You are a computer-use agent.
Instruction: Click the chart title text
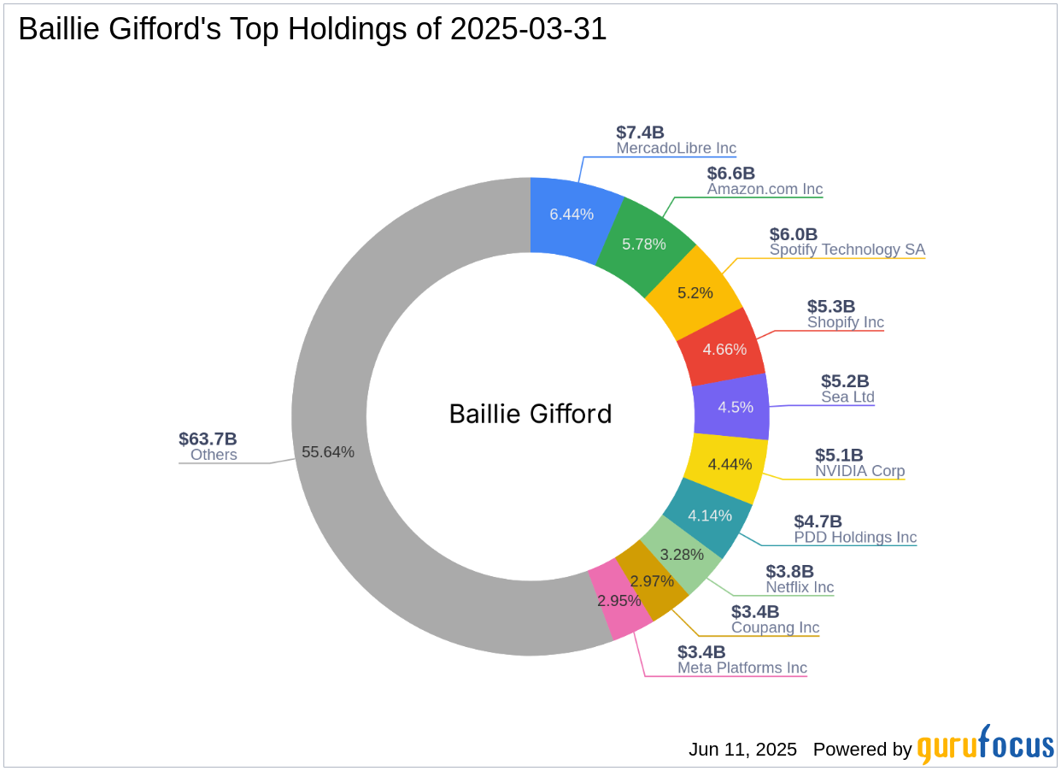(x=312, y=29)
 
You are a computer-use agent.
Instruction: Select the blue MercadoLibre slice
(x=572, y=216)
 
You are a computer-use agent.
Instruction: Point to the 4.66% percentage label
(x=724, y=350)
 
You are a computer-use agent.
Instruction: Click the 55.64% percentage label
(x=328, y=452)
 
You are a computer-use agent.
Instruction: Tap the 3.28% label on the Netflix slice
(x=682, y=555)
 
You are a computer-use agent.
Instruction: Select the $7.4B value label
(x=640, y=132)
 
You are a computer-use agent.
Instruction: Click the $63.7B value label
(x=208, y=438)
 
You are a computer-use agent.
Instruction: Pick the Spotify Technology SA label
(x=847, y=250)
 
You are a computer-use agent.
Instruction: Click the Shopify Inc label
(x=846, y=322)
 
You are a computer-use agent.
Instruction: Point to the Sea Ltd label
(x=847, y=397)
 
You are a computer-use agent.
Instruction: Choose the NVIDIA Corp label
(x=859, y=471)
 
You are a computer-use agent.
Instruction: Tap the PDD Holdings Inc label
(x=855, y=538)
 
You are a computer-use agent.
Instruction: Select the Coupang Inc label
(x=775, y=627)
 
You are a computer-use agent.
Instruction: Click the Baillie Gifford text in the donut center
(x=530, y=415)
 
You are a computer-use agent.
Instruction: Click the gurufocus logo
(x=986, y=745)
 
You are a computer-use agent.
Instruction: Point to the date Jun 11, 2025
(x=742, y=749)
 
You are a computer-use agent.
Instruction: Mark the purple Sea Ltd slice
(x=731, y=407)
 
